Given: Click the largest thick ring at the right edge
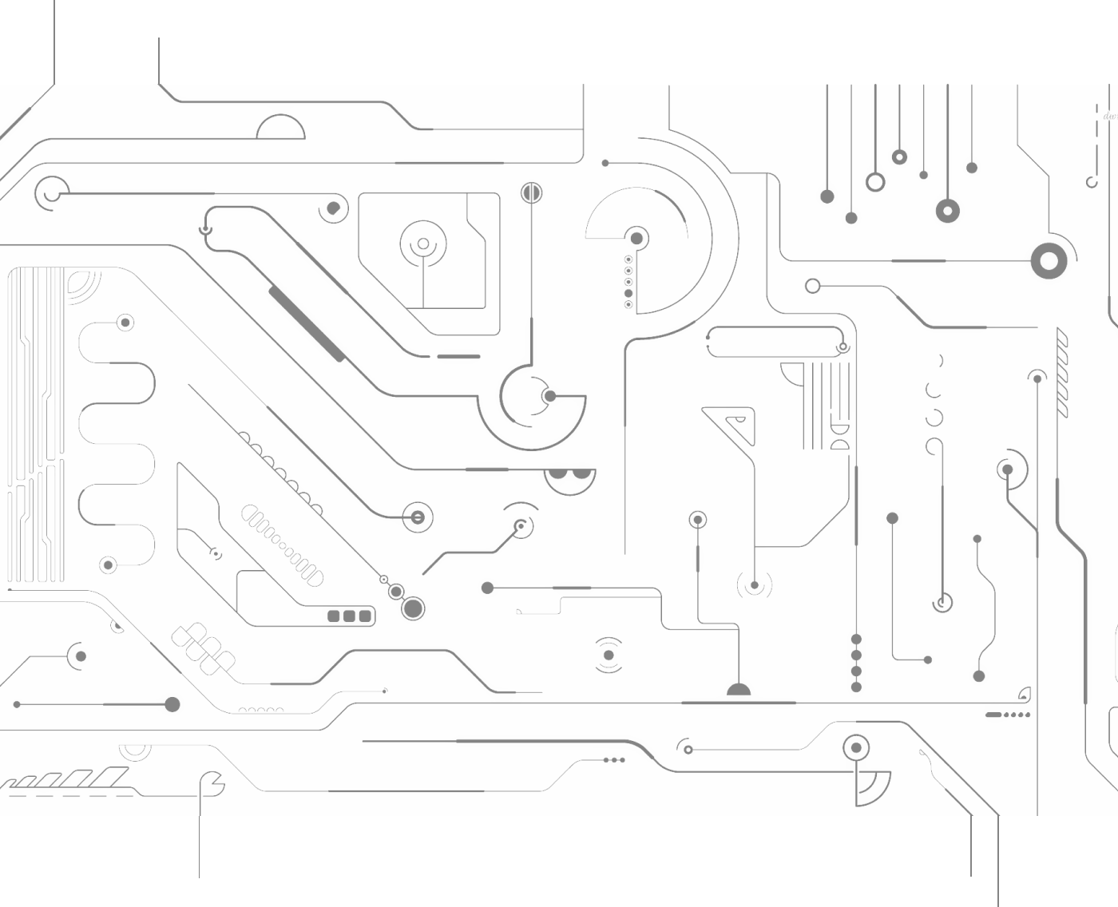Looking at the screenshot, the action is coord(1049,261).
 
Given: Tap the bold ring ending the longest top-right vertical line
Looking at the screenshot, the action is coord(947,211).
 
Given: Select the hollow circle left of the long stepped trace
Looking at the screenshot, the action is coord(812,286).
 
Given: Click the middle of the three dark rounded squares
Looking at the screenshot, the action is coord(349,616).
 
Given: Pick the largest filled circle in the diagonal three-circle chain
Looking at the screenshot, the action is coord(413,608).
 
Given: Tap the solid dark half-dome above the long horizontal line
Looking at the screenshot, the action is coord(739,690).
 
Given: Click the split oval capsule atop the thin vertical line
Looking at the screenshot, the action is coord(531,192).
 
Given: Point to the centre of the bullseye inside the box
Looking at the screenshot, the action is coord(423,244).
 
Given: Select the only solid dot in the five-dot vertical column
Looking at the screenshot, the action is coord(628,294).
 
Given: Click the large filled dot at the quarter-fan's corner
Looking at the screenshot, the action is coord(636,238).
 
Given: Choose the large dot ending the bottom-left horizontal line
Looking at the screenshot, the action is coord(172,704).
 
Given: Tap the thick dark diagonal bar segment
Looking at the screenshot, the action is coord(307,323).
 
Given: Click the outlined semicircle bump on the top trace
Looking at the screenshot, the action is coord(280,128).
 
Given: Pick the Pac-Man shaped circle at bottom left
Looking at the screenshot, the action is coord(212,784).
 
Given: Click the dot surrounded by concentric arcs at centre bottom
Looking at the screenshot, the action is coord(609,655).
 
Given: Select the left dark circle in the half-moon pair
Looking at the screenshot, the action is coord(558,473).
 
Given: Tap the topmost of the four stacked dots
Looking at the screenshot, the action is coord(856,640).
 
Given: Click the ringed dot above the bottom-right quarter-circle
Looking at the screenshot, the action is coord(856,748).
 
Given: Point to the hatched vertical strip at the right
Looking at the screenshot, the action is coord(1061,372).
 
